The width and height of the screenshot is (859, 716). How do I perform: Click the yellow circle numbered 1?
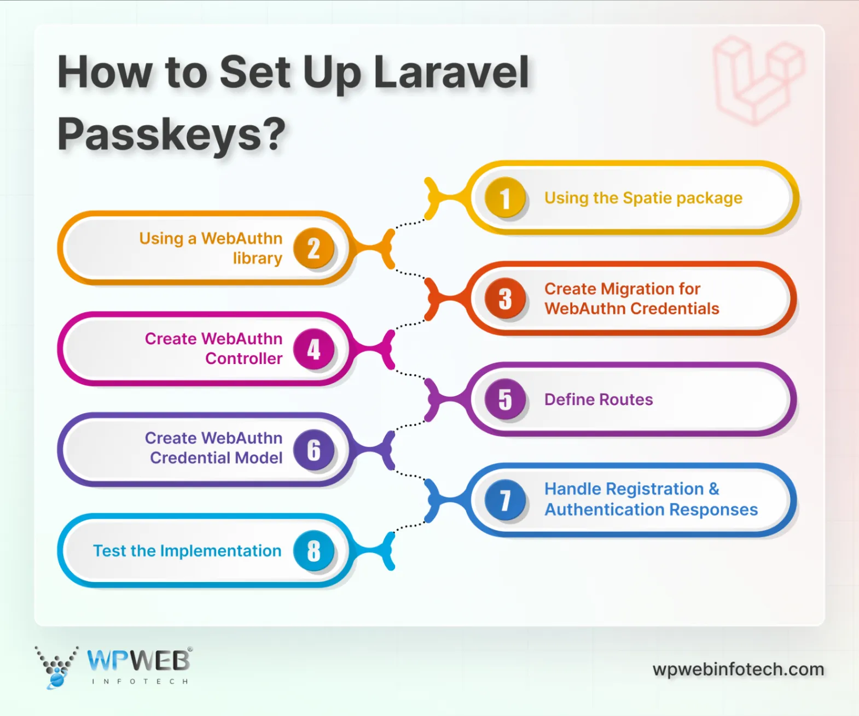(505, 198)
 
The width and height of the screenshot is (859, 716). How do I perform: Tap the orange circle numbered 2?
(314, 249)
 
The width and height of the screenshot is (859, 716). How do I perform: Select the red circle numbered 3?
(505, 299)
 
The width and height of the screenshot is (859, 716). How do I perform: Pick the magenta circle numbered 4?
(314, 349)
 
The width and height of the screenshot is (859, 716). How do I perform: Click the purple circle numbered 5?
(505, 400)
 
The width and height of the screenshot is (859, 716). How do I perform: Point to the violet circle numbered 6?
(314, 450)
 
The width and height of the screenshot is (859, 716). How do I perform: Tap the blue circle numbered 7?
(505, 500)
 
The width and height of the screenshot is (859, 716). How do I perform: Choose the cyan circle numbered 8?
(314, 550)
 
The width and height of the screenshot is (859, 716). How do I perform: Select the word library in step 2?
(257, 259)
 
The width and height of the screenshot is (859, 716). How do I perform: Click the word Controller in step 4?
(244, 359)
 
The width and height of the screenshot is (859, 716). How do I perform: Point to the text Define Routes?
(599, 400)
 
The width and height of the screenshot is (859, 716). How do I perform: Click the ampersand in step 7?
(714, 489)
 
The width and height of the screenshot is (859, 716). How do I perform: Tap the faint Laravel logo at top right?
(759, 80)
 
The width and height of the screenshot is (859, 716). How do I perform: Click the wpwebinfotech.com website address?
(738, 669)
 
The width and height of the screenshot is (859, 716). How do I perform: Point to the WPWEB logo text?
(138, 661)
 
